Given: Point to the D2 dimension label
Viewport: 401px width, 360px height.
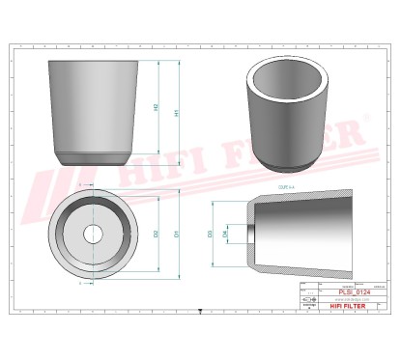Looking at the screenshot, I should (157, 234).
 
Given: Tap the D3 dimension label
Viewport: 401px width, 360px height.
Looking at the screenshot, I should (211, 234).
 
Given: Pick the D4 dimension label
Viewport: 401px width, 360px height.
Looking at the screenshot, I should (226, 235).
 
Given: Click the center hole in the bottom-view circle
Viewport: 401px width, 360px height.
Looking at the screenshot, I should (93, 234).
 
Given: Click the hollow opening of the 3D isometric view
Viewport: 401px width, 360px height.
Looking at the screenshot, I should (286, 81).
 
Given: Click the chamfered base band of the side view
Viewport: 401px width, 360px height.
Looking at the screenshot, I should (93, 157).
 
